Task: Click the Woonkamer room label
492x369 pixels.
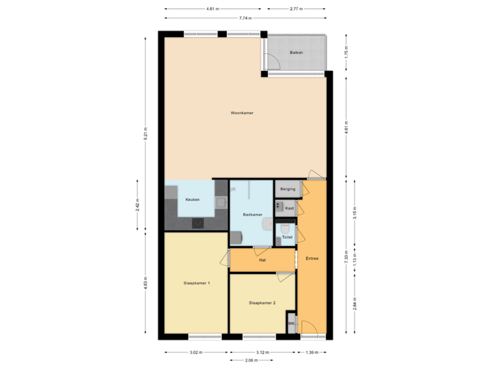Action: (x=242, y=113)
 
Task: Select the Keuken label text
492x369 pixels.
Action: (x=193, y=200)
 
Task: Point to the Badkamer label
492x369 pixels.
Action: (x=252, y=215)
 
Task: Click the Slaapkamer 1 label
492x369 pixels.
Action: (x=196, y=282)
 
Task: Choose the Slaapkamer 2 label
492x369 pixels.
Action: (x=262, y=302)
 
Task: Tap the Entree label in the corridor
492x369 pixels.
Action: (x=312, y=259)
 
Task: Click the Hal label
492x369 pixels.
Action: (x=262, y=260)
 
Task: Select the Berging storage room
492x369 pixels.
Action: (x=287, y=189)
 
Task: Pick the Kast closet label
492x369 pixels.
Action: (x=289, y=208)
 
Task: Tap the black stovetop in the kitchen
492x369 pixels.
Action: (x=198, y=223)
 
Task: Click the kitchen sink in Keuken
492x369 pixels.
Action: (x=221, y=202)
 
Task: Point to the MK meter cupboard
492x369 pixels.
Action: (x=291, y=324)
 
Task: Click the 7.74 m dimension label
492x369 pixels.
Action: (x=244, y=18)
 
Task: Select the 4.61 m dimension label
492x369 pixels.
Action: (x=213, y=9)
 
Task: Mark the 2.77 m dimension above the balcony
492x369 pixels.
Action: (x=296, y=9)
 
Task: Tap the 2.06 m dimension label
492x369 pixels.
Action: (x=251, y=359)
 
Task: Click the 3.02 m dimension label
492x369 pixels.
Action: (x=195, y=353)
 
